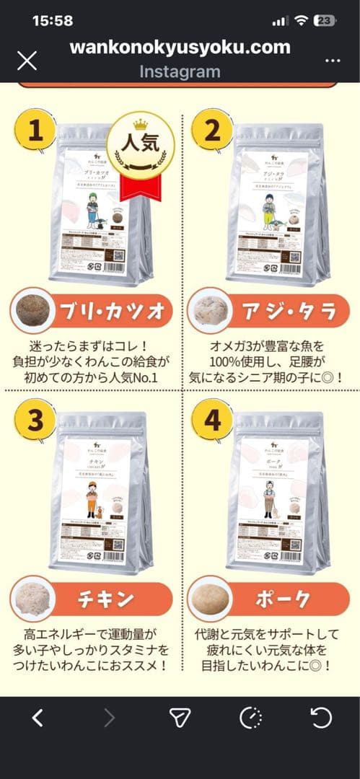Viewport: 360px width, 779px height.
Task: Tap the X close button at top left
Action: click(27, 60)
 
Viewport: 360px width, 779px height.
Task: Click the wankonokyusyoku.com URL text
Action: click(180, 48)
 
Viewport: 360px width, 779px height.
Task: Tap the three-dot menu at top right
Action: click(333, 60)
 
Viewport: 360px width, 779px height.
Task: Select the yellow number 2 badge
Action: click(212, 130)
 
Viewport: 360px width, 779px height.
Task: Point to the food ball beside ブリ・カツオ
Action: click(33, 312)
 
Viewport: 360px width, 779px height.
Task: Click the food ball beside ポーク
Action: click(211, 599)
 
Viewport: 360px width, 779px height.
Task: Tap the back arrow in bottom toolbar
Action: click(38, 717)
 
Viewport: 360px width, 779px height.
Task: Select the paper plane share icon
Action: click(180, 717)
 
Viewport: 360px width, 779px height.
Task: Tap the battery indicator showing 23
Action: click(325, 21)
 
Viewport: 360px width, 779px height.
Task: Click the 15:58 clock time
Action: click(53, 21)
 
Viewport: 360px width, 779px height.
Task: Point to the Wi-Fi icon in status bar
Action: click(302, 21)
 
